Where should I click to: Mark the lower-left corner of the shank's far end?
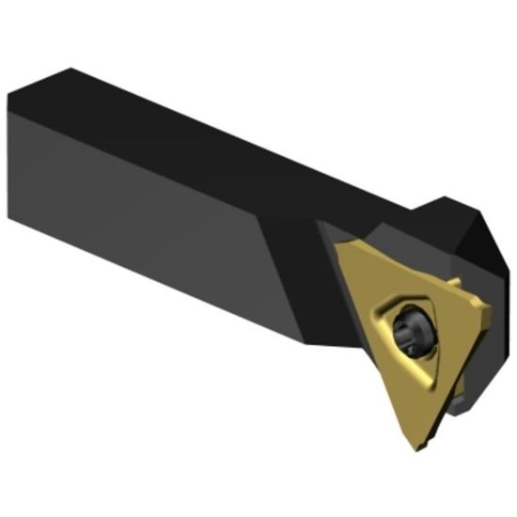tap(11, 217)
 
